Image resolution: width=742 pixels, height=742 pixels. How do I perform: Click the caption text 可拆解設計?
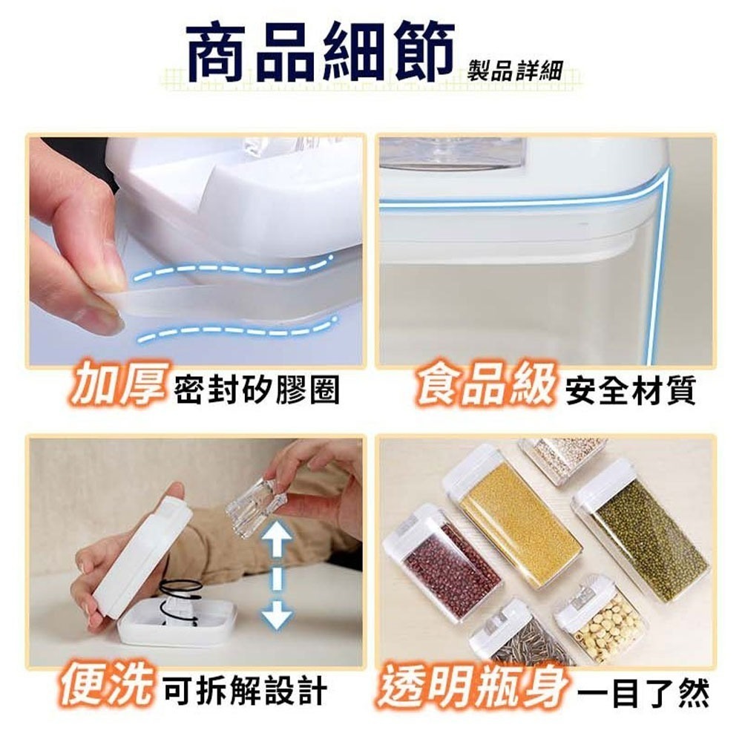click(x=245, y=691)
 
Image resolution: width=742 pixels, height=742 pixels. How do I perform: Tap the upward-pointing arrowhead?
click(x=278, y=533)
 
